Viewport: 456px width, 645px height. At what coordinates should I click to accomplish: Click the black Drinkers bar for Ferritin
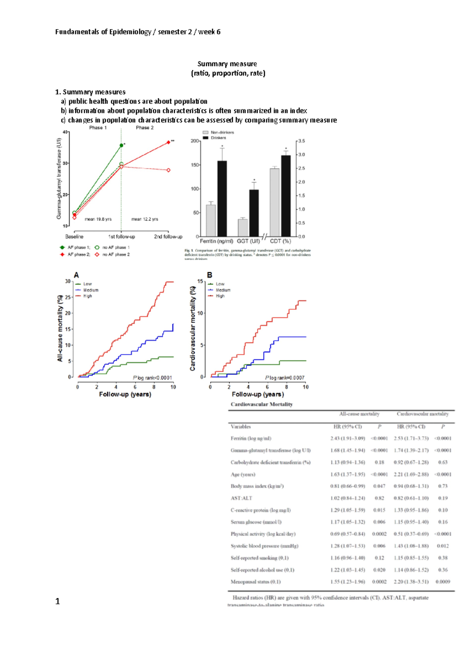point(222,198)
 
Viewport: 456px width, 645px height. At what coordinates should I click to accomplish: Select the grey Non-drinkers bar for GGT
point(243,228)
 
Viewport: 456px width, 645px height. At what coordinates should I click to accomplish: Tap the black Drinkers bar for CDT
point(286,196)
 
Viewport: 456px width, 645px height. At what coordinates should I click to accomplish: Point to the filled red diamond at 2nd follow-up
point(168,142)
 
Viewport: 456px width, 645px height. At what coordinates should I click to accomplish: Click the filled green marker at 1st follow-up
point(121,145)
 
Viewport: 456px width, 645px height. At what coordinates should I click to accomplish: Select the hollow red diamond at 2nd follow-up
point(168,170)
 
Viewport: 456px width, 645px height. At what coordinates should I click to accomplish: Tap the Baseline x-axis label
point(74,237)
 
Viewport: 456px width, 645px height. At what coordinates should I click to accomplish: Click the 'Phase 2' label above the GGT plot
point(145,128)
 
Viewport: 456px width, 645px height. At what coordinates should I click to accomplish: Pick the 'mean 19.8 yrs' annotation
point(98,219)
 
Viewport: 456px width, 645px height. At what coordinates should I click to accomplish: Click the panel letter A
point(76,275)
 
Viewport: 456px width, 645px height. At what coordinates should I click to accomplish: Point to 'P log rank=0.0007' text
point(285,378)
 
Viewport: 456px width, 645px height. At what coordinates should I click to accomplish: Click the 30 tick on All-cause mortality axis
point(68,281)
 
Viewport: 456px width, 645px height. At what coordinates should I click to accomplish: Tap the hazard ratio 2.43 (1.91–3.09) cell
point(347,438)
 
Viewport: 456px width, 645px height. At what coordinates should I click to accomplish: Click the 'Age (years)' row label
point(243,474)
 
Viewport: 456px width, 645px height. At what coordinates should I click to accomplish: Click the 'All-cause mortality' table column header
point(359,414)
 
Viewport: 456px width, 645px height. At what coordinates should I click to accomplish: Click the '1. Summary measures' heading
point(90,92)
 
